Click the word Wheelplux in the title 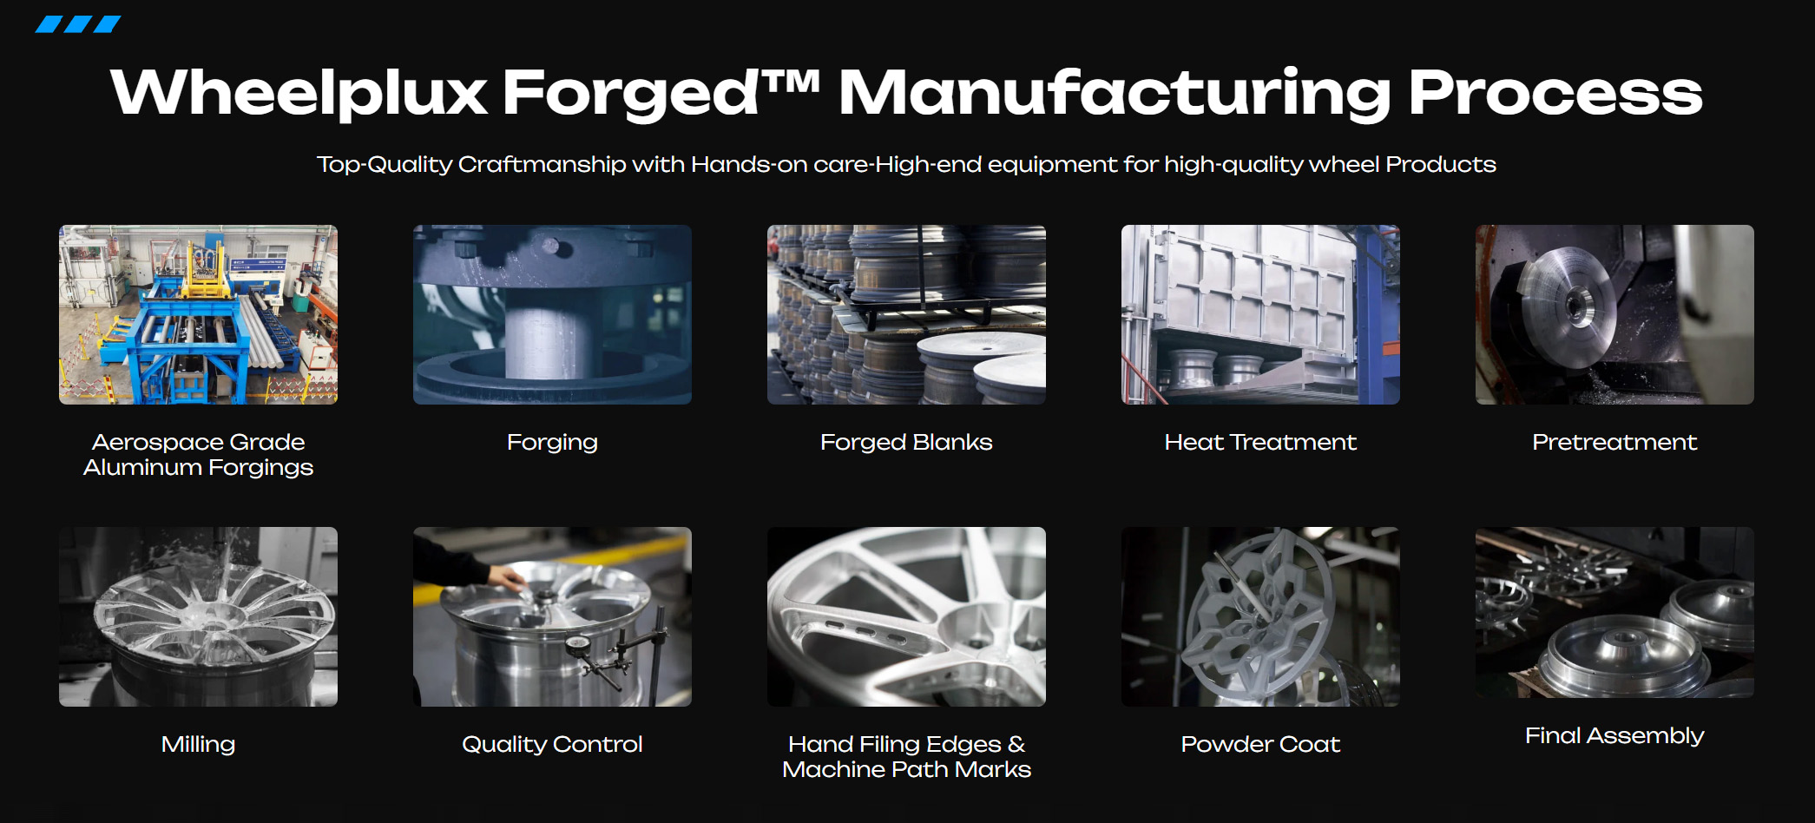299,93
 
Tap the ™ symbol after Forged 790,82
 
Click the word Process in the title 1555,93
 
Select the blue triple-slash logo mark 78,24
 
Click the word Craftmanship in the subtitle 542,164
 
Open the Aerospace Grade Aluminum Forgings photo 198,314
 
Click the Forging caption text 552,443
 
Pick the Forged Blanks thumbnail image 906,314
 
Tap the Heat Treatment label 1260,442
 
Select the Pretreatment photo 1614,314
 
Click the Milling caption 198,745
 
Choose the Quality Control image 552,616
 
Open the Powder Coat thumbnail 1260,616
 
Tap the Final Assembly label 1614,736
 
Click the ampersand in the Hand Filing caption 1016,744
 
